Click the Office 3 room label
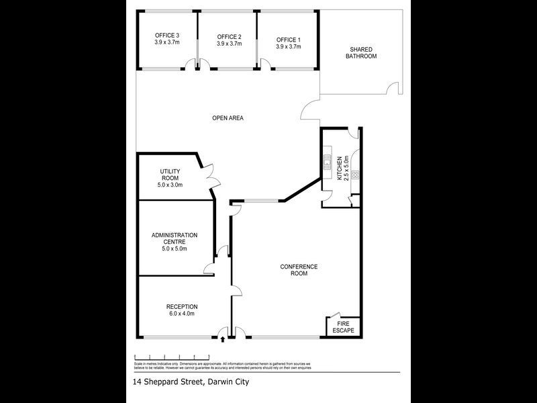click(167, 35)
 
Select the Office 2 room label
click(229, 36)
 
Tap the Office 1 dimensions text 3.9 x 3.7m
click(289, 47)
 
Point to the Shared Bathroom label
click(361, 52)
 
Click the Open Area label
click(228, 118)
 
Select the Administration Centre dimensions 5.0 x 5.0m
click(174, 249)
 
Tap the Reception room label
click(182, 307)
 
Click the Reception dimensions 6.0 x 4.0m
click(182, 314)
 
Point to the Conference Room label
click(299, 270)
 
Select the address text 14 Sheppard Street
click(167, 383)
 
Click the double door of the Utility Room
click(211, 179)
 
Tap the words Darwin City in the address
click(226, 383)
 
